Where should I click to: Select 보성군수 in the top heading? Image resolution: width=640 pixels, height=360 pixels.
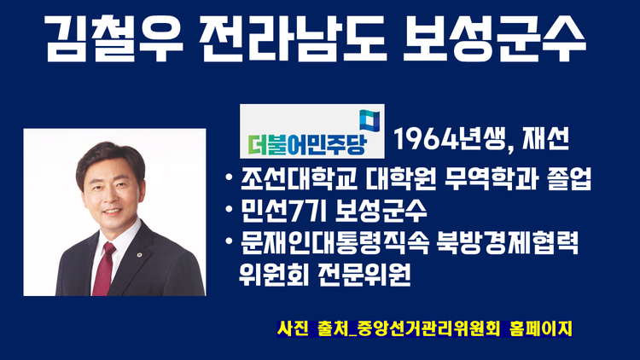(x=494, y=38)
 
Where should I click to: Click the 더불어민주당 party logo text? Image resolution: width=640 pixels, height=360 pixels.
(x=307, y=142)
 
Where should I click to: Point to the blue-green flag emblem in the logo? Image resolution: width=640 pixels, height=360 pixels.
(x=369, y=121)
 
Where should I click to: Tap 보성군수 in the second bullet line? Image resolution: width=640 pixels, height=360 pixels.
(x=381, y=211)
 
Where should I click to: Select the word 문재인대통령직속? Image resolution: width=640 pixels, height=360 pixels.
(x=335, y=243)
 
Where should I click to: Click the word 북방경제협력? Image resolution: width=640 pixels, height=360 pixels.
(x=507, y=243)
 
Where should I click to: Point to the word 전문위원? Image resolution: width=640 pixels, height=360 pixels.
(x=364, y=275)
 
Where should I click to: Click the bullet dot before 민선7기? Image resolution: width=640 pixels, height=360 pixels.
(x=229, y=209)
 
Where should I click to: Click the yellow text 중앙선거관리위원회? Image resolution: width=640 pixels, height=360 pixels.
(x=428, y=328)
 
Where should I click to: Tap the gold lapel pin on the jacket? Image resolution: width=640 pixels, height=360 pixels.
(x=140, y=255)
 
